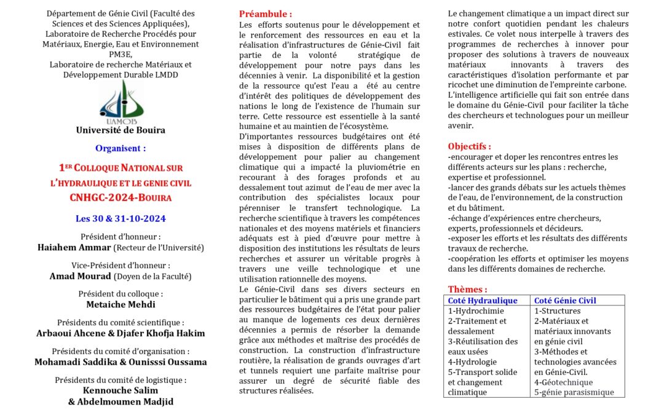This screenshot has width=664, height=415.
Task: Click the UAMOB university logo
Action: point(121,103)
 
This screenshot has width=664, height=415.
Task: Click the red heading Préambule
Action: point(266,14)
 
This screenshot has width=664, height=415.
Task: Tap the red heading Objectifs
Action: point(469,146)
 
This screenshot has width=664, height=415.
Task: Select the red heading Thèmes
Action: point(467,289)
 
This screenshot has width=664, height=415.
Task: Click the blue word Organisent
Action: point(121,148)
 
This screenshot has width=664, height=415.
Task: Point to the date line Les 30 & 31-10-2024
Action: point(121,218)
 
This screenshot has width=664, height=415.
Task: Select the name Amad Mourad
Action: point(80,276)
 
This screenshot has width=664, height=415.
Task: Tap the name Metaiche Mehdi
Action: point(121,304)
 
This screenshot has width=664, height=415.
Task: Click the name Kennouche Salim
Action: point(121,390)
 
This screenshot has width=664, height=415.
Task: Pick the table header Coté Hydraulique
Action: point(483,301)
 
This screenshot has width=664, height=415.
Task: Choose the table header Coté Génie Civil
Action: point(565,301)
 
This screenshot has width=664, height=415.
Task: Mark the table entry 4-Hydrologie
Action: point(472,362)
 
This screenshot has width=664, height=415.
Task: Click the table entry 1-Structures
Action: point(557,311)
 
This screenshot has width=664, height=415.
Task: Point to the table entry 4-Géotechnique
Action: point(563,382)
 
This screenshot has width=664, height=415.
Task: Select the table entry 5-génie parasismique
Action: point(574,392)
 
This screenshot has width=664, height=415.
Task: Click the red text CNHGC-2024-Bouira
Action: point(121,197)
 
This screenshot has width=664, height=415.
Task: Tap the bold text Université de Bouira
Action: point(121,130)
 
